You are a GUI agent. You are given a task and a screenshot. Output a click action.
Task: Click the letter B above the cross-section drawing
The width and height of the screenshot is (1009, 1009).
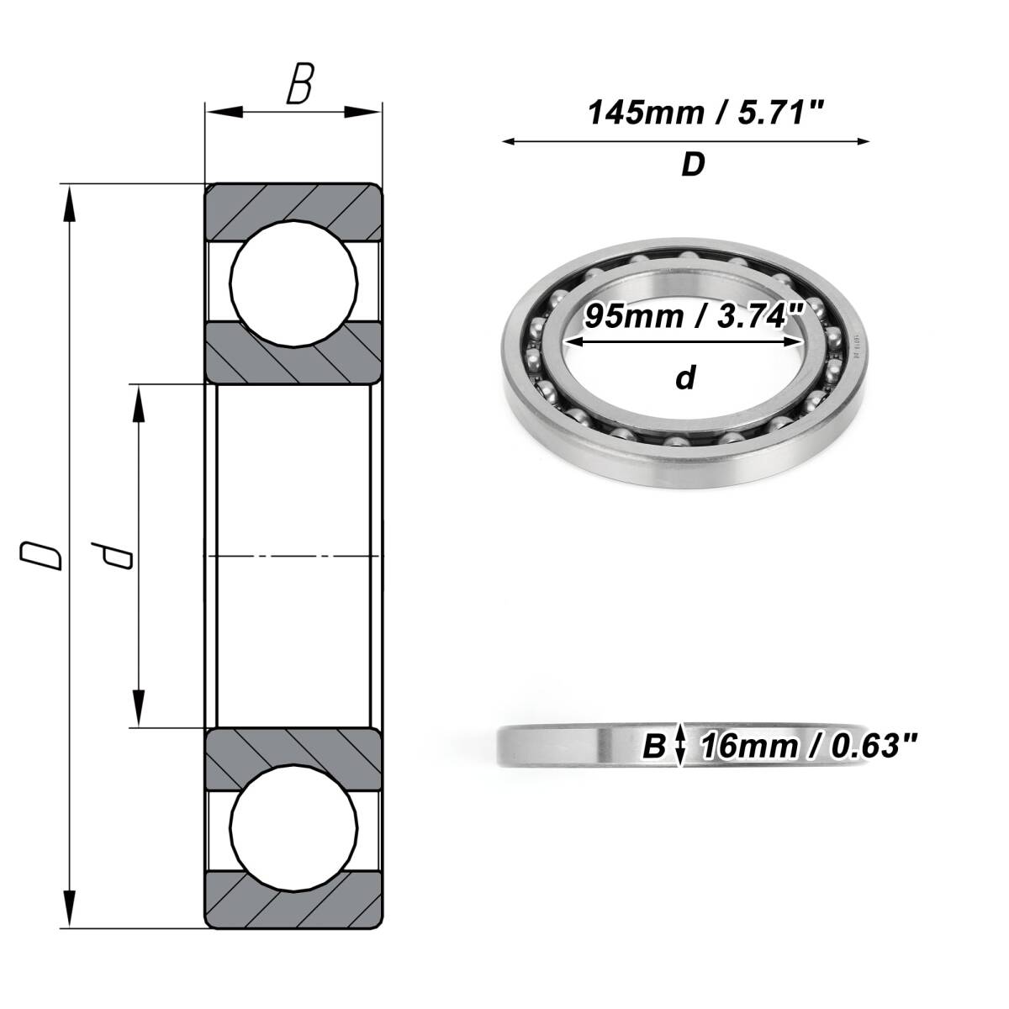tap(300, 83)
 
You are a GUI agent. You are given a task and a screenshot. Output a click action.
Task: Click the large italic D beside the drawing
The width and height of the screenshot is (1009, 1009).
tap(41, 556)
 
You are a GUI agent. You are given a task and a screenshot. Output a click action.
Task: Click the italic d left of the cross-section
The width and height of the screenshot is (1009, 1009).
tap(112, 556)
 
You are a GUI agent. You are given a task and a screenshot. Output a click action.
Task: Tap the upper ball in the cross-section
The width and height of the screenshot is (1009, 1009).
tap(293, 283)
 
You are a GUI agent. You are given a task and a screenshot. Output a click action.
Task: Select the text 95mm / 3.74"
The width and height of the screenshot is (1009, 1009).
tap(693, 316)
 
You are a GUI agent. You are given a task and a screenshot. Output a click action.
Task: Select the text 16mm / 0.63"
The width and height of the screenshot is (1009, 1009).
tap(808, 746)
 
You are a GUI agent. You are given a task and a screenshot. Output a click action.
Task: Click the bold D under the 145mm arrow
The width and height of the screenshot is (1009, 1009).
tap(693, 165)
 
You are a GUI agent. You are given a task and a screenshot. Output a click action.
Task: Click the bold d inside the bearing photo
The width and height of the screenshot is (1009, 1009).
tap(685, 378)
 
